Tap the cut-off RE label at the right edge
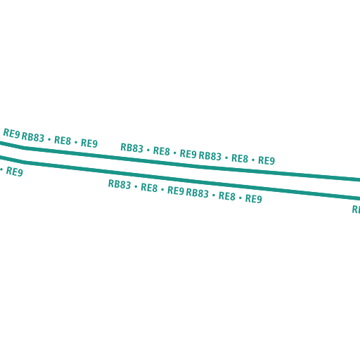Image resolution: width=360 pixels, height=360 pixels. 356,210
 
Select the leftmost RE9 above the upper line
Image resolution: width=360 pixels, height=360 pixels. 11,134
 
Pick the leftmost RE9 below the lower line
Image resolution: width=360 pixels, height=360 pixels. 15,172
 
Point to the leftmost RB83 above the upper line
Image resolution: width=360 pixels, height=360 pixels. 33,137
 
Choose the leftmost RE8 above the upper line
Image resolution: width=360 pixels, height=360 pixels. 63,141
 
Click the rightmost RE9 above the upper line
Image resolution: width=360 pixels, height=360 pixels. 266,160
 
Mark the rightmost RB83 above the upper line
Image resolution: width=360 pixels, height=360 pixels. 210,156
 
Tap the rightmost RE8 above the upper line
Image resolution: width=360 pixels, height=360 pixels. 240,158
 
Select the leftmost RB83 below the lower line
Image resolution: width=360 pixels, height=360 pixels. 120,184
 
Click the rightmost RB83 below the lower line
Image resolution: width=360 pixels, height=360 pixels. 197,193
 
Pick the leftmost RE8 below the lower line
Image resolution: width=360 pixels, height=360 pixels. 149,188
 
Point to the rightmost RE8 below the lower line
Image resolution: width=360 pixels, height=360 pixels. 227,196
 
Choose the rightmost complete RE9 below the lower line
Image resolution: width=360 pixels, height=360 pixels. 254,198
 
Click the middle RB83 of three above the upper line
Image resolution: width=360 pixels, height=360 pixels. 131,148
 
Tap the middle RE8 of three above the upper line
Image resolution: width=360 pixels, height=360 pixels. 162,151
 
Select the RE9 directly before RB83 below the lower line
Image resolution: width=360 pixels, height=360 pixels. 176,191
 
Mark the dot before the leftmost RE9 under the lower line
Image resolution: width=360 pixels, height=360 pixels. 1,169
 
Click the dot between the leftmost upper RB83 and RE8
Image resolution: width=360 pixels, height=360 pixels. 49,139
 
